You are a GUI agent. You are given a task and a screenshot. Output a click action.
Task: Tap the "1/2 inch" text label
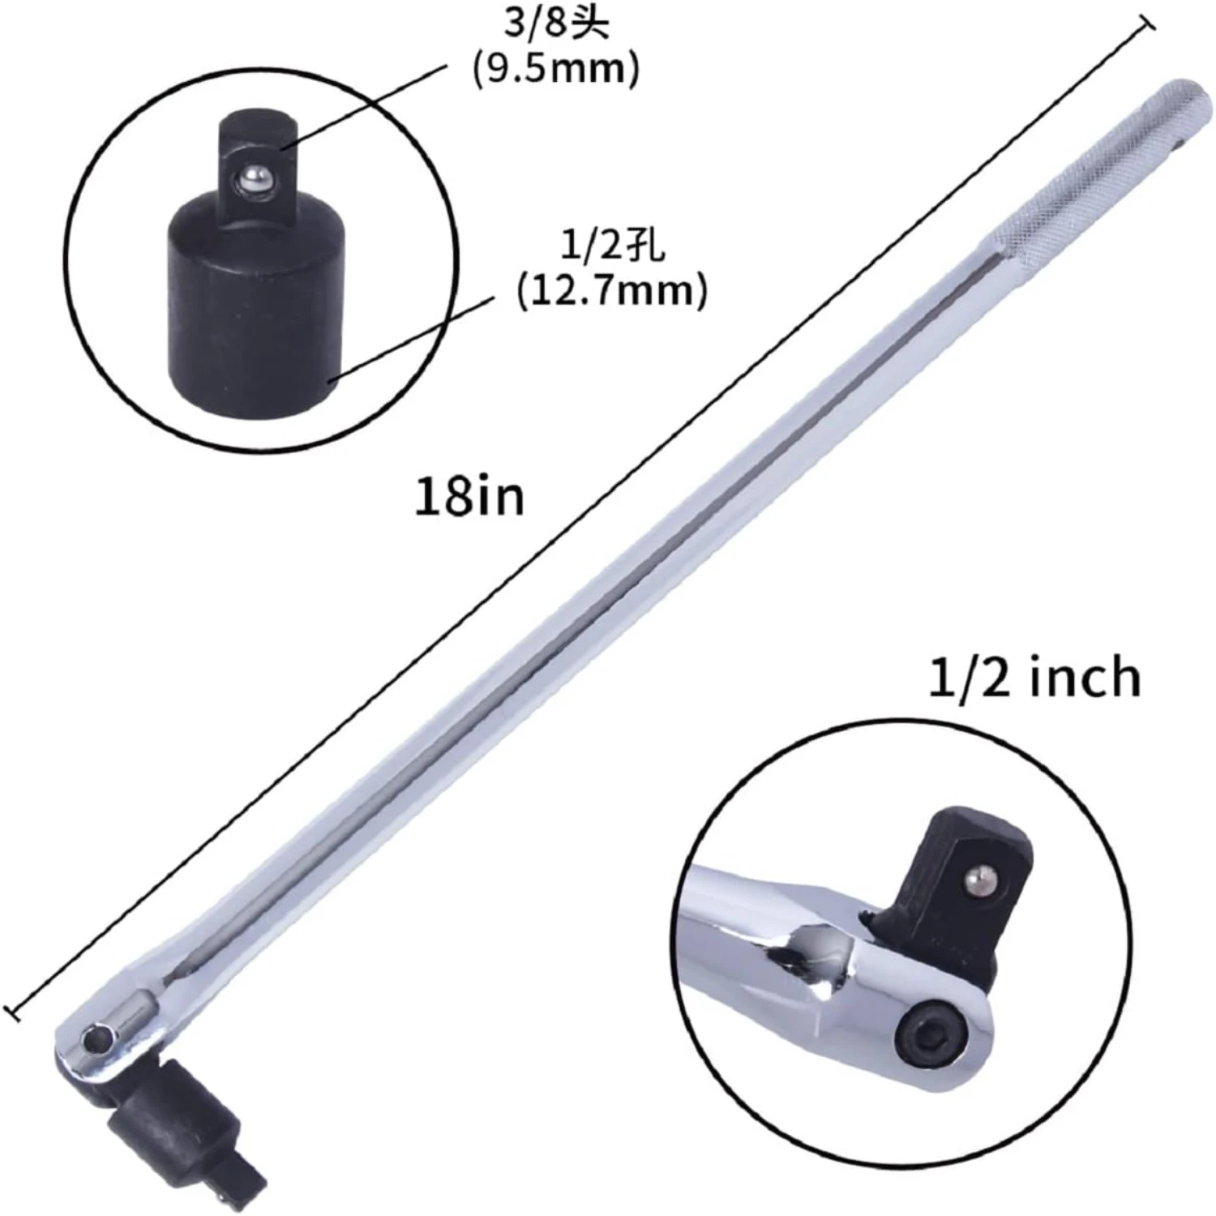1034,677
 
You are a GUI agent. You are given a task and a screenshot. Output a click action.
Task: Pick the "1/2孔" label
612,245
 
